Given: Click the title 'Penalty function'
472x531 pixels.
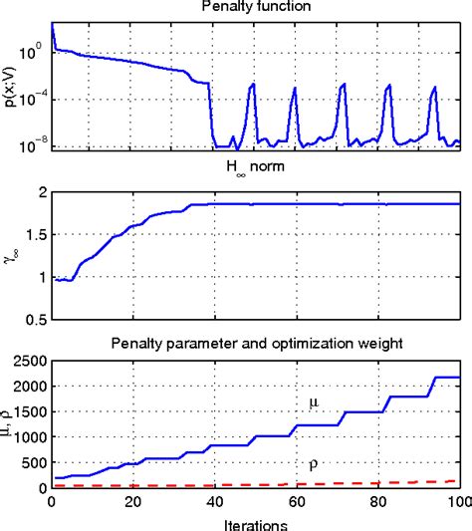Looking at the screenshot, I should pyautogui.click(x=255, y=8).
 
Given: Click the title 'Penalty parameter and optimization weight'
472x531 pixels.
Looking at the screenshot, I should pyautogui.click(x=255, y=344).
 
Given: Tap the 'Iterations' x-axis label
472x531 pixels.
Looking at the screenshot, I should pyautogui.click(x=255, y=522).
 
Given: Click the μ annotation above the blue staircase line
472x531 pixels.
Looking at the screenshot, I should pyautogui.click(x=312, y=403).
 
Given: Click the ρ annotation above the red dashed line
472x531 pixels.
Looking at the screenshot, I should pyautogui.click(x=313, y=465).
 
